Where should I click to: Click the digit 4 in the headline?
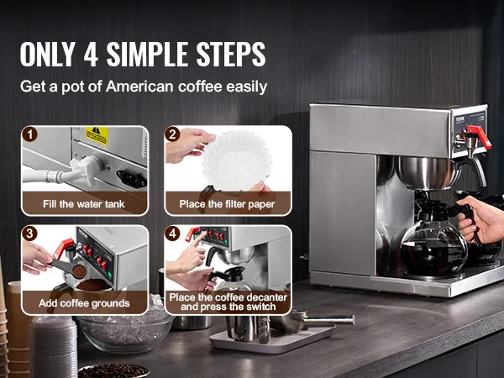(91, 54)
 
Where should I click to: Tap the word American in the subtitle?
(139, 87)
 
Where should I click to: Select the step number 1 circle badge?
(30, 134)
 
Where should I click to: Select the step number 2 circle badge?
(172, 134)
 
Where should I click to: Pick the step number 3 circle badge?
(30, 234)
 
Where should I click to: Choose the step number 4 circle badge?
(172, 234)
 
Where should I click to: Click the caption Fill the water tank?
(83, 204)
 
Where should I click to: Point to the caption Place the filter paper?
(227, 204)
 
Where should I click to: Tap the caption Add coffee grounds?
(84, 303)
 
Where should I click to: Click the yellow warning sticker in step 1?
(97, 135)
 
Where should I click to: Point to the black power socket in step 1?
(132, 179)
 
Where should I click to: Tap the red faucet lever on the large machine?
(480, 136)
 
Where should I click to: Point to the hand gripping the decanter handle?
(481, 218)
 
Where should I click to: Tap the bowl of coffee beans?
(113, 371)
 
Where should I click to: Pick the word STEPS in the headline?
(231, 54)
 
